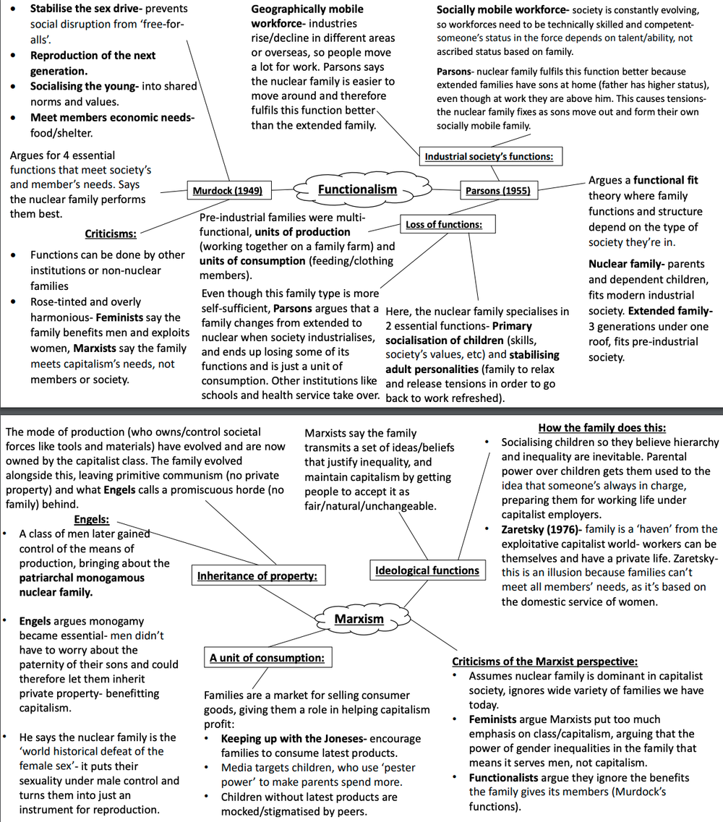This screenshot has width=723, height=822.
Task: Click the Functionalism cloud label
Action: (358, 189)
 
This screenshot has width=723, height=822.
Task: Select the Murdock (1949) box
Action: (227, 191)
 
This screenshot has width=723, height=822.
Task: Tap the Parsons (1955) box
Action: (497, 191)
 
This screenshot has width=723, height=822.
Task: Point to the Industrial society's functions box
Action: (489, 156)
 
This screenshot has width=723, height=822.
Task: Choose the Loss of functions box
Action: (443, 225)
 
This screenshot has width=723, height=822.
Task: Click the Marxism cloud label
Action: (359, 619)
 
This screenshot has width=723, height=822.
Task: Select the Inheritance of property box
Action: (257, 576)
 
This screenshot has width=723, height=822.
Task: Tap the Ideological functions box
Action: (427, 570)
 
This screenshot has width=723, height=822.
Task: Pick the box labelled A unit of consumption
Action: (266, 658)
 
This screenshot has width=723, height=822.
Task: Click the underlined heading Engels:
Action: (91, 519)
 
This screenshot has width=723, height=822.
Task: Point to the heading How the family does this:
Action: (602, 428)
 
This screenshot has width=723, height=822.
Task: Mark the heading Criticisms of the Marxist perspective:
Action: (544, 662)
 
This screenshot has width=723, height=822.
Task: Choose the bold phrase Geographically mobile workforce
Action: (307, 16)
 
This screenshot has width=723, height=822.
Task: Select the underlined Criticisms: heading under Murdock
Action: (111, 234)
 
